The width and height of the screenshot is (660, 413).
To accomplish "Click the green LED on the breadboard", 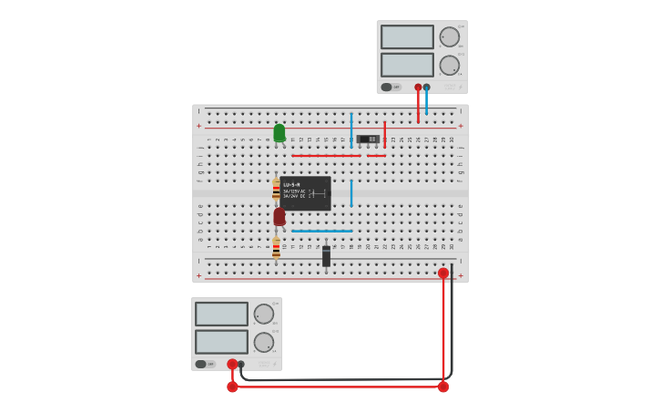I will (x=279, y=133).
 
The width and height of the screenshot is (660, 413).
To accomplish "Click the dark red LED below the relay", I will (x=279, y=216).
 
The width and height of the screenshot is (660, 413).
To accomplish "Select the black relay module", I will (x=305, y=193).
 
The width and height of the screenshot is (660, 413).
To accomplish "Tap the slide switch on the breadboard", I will (x=368, y=139).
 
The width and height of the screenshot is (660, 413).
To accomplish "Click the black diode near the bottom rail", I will (x=326, y=256).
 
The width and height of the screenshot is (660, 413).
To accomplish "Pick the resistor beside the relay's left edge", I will (x=276, y=190).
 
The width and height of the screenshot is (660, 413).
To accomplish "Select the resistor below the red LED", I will (x=276, y=248).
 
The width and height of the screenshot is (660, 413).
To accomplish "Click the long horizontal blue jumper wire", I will (x=321, y=231).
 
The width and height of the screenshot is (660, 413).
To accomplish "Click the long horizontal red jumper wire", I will (x=326, y=155).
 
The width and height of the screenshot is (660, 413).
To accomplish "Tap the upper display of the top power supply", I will (x=407, y=37).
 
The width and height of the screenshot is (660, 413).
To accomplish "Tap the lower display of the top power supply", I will (x=407, y=65).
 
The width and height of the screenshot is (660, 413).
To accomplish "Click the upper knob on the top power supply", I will (x=449, y=37).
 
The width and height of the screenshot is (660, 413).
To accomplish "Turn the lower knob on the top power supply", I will (x=449, y=66).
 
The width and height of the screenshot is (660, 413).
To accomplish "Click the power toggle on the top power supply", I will (x=387, y=88).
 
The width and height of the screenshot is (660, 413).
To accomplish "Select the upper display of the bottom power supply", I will (x=221, y=314).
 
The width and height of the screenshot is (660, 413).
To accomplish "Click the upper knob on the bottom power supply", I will (x=263, y=315).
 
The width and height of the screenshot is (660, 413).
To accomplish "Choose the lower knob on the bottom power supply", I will (x=263, y=343).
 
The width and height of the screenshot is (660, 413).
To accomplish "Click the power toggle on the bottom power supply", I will (x=201, y=364).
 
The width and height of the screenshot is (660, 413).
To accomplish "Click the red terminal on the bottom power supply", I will (x=232, y=364).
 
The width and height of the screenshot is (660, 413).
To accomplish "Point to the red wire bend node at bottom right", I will (x=443, y=387).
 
